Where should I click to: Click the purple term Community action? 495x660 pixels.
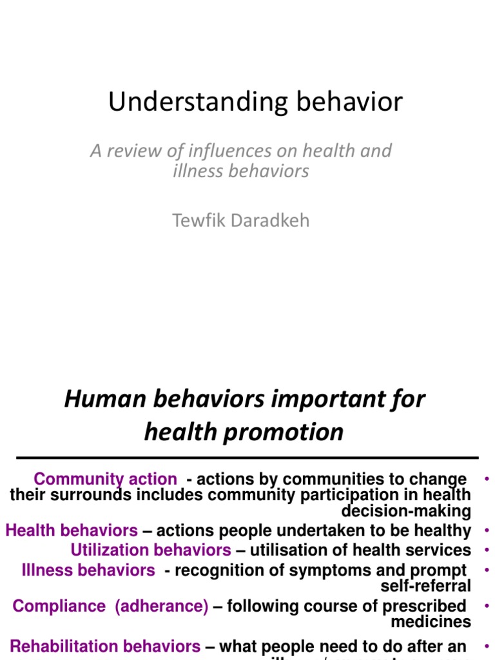(x=105, y=480)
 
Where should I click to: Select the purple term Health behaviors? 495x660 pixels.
(x=72, y=531)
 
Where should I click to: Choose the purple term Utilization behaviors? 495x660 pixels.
(x=151, y=550)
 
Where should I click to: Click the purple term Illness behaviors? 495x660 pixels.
(x=88, y=570)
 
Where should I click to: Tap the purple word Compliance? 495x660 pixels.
(x=59, y=607)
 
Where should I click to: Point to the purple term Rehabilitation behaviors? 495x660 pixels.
(x=105, y=646)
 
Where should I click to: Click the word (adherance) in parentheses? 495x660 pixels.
(x=161, y=607)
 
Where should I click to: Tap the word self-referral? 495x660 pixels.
(x=426, y=586)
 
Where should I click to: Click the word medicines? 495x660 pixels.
(x=431, y=622)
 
